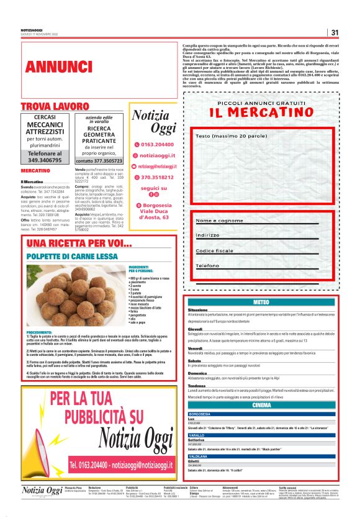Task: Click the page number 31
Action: (335, 33)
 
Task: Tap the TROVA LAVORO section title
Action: (55, 107)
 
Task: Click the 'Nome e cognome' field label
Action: (220, 221)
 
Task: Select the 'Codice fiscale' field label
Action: (218, 250)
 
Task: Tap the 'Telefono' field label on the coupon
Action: (208, 265)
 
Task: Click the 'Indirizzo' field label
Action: (209, 235)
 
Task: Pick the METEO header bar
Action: (261, 302)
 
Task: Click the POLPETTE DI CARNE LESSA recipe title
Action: (72, 256)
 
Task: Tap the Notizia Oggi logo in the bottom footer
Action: (42, 491)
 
